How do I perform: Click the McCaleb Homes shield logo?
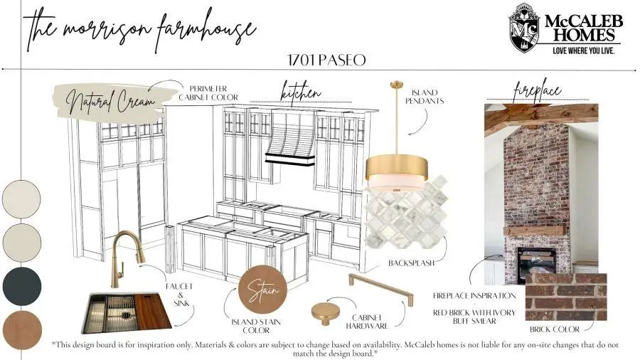coord(526,28)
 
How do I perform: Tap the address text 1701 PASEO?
coord(326,60)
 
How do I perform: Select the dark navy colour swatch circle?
coord(22,286)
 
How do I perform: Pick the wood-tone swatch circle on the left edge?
coord(22,330)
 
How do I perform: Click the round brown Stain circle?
coord(262,289)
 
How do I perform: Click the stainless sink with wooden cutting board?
coord(127,312)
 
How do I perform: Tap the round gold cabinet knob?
coord(325,314)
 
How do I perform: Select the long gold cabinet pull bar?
coord(380,289)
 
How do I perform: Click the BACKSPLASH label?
coord(412,263)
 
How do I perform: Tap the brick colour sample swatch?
coord(566,297)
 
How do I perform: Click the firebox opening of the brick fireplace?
coord(536,265)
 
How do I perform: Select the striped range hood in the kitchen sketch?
coord(291,139)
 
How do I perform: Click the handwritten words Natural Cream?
coord(110,100)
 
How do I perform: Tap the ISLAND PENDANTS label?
coord(425,97)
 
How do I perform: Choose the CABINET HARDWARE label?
coord(367,322)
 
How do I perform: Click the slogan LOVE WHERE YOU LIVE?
coord(583,51)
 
